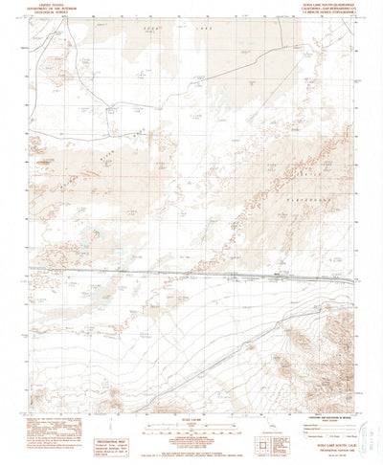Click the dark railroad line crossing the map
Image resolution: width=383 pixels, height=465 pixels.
(191, 275)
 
